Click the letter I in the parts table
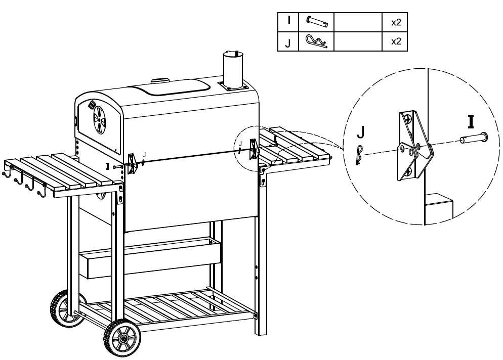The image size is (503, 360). pyautogui.click(x=289, y=21)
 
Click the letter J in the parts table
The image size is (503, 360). pyautogui.click(x=288, y=43)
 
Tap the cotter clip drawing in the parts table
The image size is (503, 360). pyautogui.click(x=316, y=41)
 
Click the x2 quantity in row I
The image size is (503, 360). pyautogui.click(x=396, y=22)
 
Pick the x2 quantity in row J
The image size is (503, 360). pyautogui.click(x=396, y=41)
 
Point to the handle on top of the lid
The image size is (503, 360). pyautogui.click(x=160, y=80)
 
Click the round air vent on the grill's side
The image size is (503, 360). pyautogui.click(x=99, y=120)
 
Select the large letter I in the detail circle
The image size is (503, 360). pyautogui.click(x=471, y=122)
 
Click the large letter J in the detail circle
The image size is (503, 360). pyautogui.click(x=361, y=132)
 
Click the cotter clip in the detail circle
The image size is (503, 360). pyautogui.click(x=359, y=155)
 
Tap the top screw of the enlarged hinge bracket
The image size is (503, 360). pyautogui.click(x=408, y=119)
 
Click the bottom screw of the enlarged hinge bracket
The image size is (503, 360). pyautogui.click(x=408, y=172)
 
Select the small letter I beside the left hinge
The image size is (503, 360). pyautogui.click(x=107, y=166)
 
